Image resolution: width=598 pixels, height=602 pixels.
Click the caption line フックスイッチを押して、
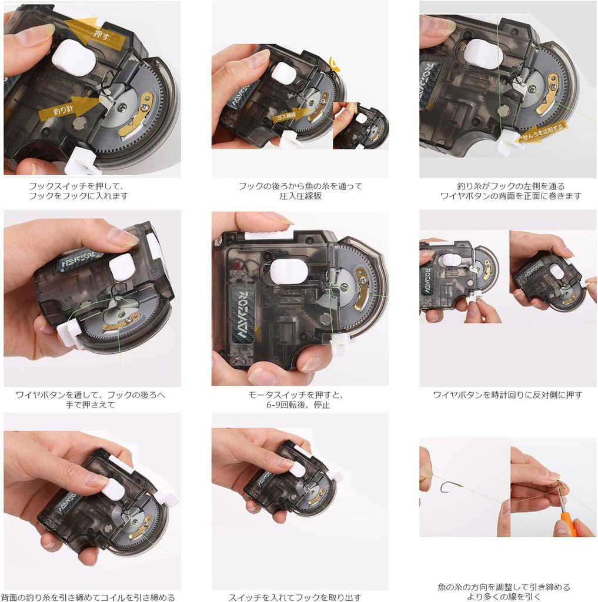click(x=78, y=186)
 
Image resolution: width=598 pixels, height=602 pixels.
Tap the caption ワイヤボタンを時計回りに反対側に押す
click(x=507, y=394)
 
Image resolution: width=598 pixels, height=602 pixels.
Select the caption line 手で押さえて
click(x=91, y=404)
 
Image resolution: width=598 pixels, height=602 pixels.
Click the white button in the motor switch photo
click(x=289, y=271)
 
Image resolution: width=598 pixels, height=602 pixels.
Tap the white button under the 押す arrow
click(x=74, y=58)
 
